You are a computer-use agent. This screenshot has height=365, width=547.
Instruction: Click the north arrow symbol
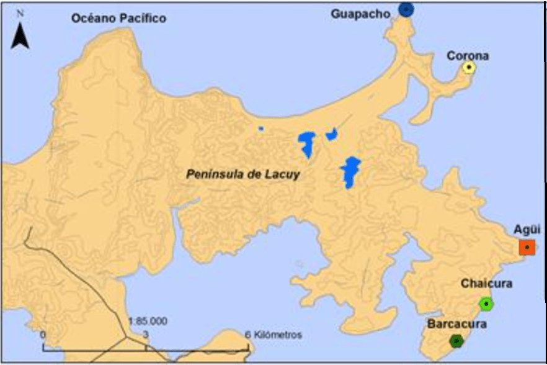click(21, 36)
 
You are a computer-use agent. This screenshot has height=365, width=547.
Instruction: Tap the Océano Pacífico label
click(118, 19)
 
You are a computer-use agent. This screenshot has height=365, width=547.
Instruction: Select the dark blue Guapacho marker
click(406, 9)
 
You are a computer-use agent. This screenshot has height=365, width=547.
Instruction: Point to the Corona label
click(468, 56)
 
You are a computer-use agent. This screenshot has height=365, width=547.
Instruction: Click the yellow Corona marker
click(469, 68)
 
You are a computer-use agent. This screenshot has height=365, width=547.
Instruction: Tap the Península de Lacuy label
click(243, 174)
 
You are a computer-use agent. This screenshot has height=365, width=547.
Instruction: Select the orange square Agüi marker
click(527, 248)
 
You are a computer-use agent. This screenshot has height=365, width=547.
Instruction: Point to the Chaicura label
click(486, 284)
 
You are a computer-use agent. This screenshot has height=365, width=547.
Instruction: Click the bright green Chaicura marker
click(486, 304)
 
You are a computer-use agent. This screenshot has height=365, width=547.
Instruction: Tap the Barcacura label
click(457, 324)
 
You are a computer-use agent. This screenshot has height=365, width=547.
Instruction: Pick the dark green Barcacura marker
click(457, 341)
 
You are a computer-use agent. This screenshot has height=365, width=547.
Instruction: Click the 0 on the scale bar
click(43, 334)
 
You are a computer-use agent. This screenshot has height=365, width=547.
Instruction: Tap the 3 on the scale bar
click(146, 334)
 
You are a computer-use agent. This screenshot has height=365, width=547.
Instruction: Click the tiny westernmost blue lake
click(261, 129)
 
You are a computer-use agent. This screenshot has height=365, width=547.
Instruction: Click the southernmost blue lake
click(350, 172)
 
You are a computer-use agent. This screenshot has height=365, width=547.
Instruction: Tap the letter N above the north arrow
click(21, 13)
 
